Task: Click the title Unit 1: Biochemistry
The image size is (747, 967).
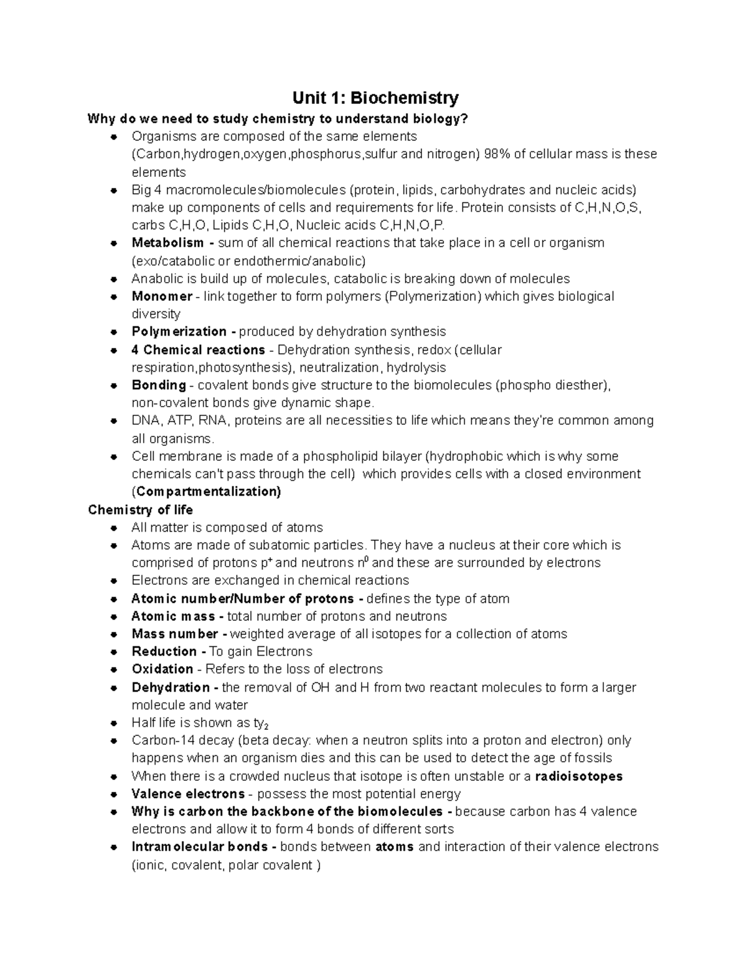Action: (x=376, y=98)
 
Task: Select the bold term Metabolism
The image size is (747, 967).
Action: (x=167, y=243)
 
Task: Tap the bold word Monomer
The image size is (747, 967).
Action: (x=162, y=296)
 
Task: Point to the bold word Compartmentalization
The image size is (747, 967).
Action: (x=209, y=492)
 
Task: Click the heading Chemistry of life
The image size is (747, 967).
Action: (x=141, y=510)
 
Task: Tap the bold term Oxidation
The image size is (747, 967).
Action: (x=162, y=669)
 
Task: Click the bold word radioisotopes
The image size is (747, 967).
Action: (x=579, y=776)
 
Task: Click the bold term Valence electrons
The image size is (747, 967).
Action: (x=188, y=795)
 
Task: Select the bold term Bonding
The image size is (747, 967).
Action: (x=159, y=385)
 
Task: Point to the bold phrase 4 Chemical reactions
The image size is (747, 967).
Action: (x=198, y=350)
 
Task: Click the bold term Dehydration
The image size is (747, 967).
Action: (x=171, y=687)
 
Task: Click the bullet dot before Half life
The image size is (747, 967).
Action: (x=113, y=724)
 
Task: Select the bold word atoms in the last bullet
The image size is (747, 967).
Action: (x=395, y=847)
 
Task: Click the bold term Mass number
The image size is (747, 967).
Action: (x=175, y=634)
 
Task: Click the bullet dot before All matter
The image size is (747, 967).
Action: (x=113, y=528)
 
